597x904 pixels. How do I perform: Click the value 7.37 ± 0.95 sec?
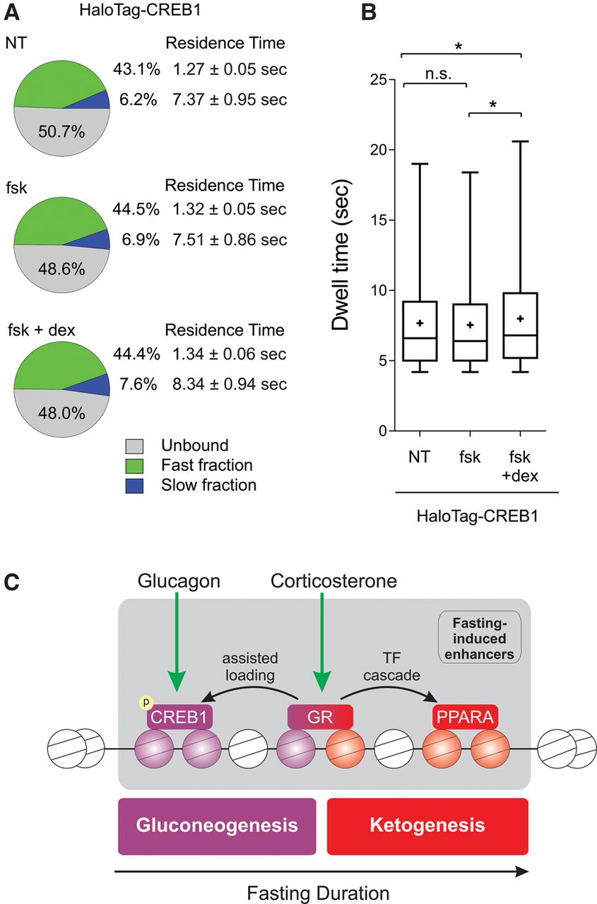(x=229, y=100)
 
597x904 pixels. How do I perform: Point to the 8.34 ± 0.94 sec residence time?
(x=229, y=384)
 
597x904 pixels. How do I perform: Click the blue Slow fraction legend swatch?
(x=134, y=485)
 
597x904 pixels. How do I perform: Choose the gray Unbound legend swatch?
(x=134, y=446)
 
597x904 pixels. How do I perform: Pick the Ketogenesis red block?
(x=427, y=826)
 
